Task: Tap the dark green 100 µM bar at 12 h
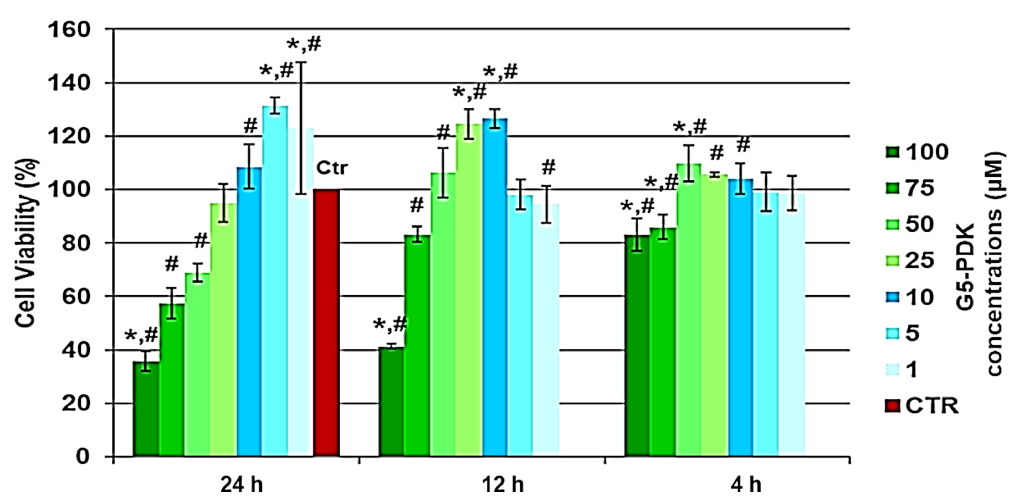point(392,402)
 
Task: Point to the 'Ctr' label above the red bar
point(331,168)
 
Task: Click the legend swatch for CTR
point(892,406)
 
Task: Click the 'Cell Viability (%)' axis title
point(27,243)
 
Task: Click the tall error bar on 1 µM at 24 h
point(301,128)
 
